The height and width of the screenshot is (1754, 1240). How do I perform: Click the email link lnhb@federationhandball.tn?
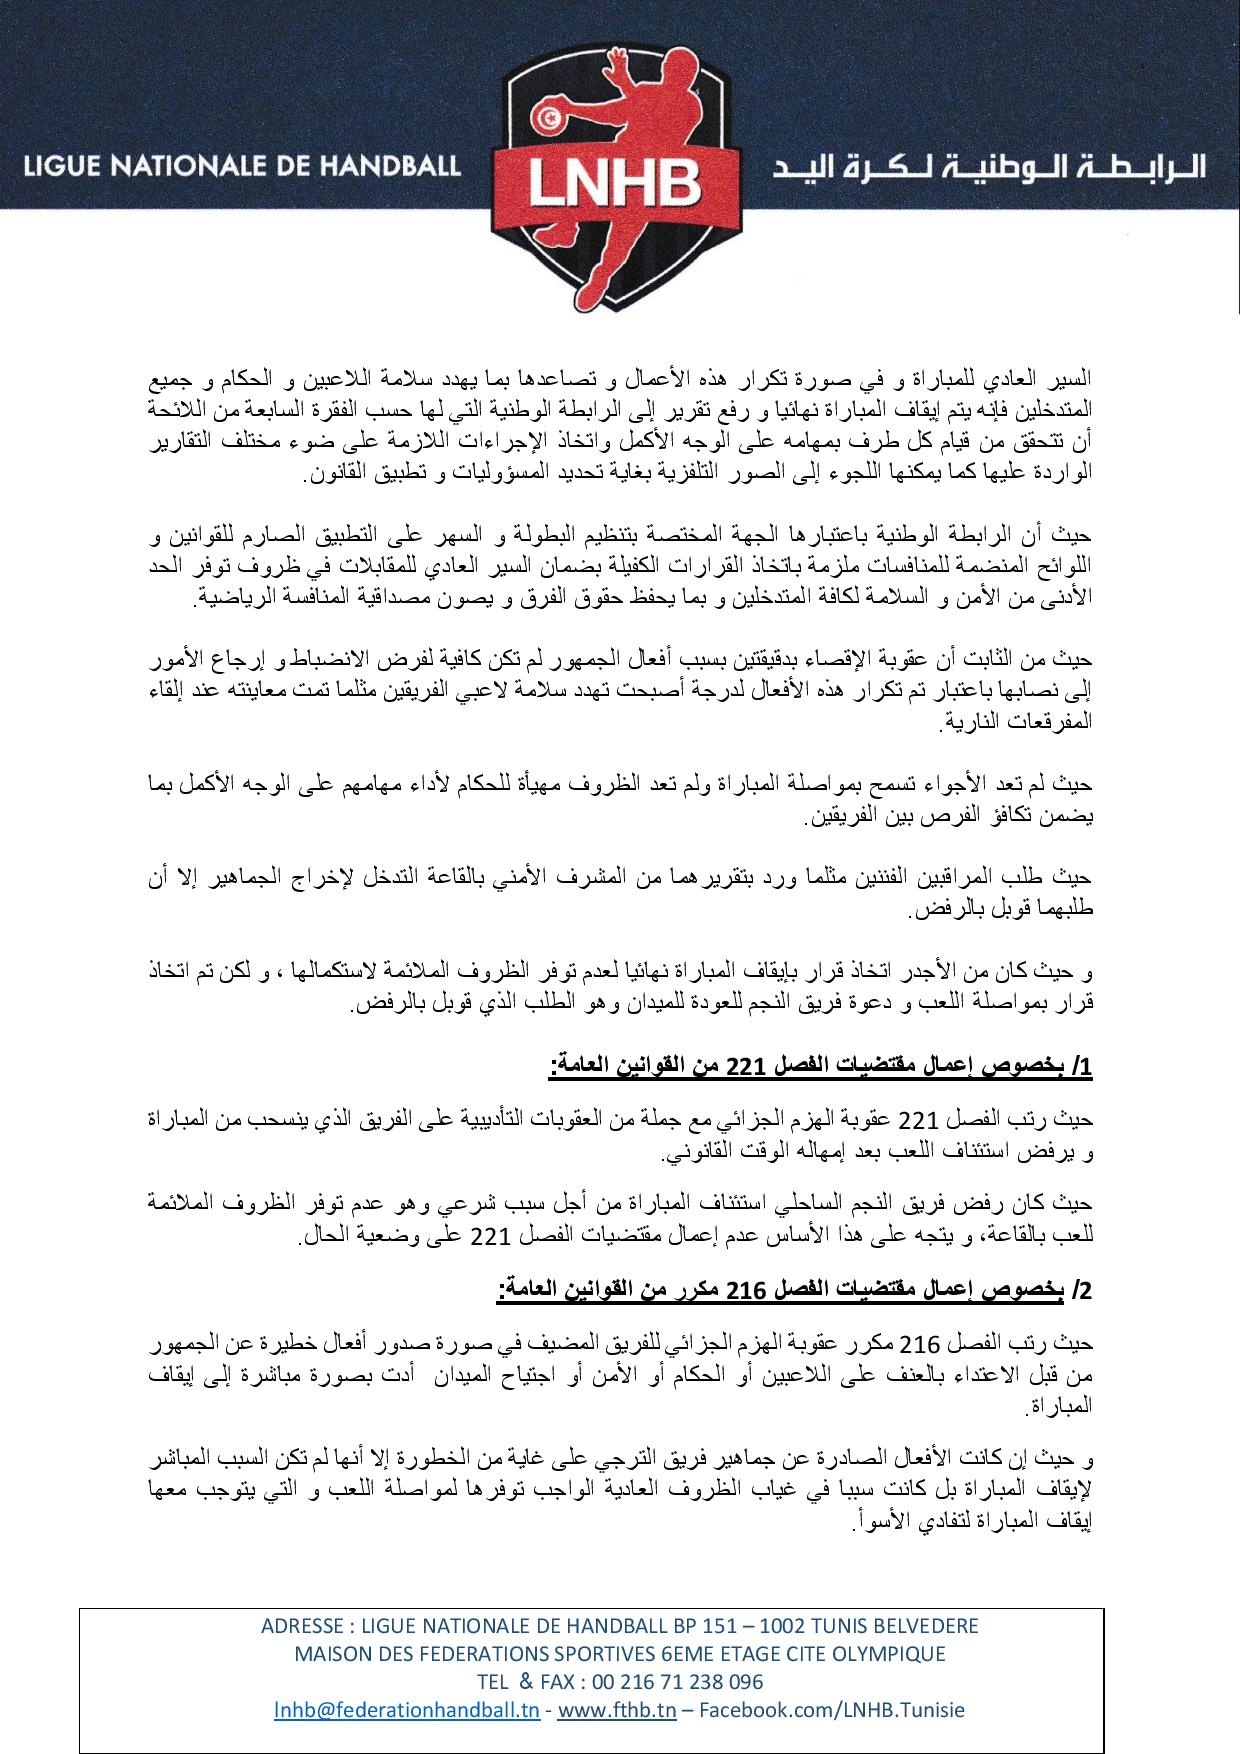coord(407,1710)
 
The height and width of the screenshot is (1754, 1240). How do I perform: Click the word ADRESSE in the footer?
coord(298,1626)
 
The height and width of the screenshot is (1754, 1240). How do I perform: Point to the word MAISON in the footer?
coord(329,1654)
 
